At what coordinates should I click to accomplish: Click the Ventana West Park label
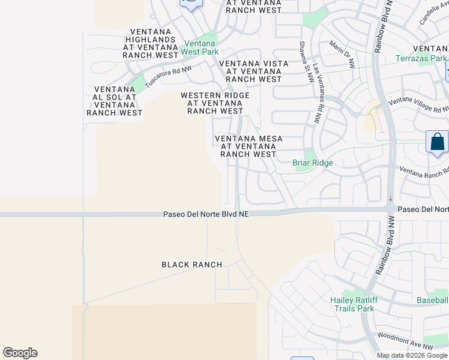(x=200, y=47)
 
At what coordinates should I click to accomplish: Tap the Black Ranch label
(x=192, y=265)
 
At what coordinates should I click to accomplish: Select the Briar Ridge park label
(x=312, y=163)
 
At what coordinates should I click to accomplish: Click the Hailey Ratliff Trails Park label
(x=352, y=304)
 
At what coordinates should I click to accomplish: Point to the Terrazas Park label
(x=421, y=58)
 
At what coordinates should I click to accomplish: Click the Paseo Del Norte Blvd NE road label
(x=206, y=214)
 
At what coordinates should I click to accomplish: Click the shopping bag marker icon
(x=438, y=143)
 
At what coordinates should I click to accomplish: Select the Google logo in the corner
(x=20, y=353)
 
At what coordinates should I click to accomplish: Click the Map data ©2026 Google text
(x=412, y=355)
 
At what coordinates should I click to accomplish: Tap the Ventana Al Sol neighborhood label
(x=115, y=101)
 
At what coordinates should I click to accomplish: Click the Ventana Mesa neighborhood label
(x=249, y=146)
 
